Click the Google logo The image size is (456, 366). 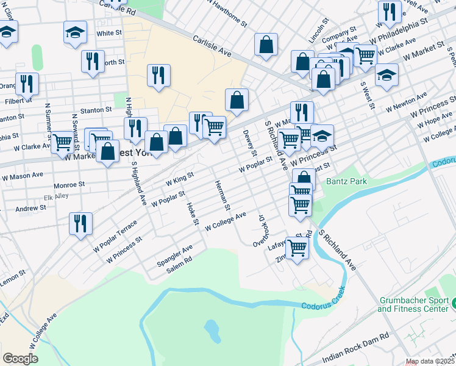(20, 358)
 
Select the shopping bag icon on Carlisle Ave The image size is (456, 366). (266, 45)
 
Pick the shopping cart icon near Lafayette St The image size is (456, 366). (297, 249)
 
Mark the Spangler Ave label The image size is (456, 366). (175, 249)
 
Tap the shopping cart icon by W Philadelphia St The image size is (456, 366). (365, 55)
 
